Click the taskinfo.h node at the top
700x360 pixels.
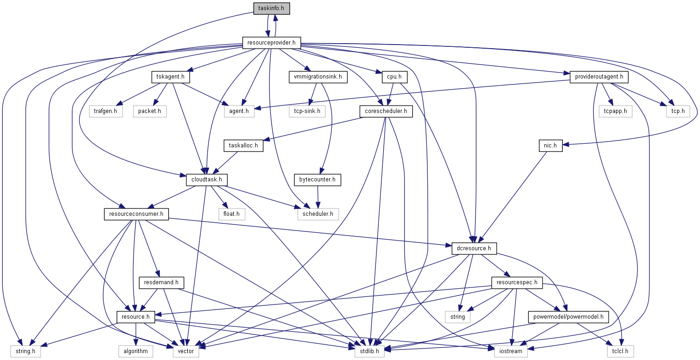pyautogui.click(x=271, y=8)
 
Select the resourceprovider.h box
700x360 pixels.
pyautogui.click(x=271, y=43)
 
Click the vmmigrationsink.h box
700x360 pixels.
pyautogui.click(x=318, y=77)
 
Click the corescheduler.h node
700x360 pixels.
pyautogui.click(x=386, y=111)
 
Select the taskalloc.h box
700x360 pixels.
pyautogui.click(x=243, y=146)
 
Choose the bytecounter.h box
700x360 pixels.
pyautogui.click(x=318, y=180)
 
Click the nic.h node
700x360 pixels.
pyautogui.click(x=550, y=146)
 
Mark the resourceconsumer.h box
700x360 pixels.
pyautogui.click(x=136, y=214)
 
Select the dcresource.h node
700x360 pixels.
pyautogui.click(x=474, y=248)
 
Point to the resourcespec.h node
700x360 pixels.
pyautogui.click(x=516, y=282)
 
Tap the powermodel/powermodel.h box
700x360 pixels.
pyautogui.click(x=569, y=317)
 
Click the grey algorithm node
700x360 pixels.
pyautogui.click(x=136, y=351)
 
